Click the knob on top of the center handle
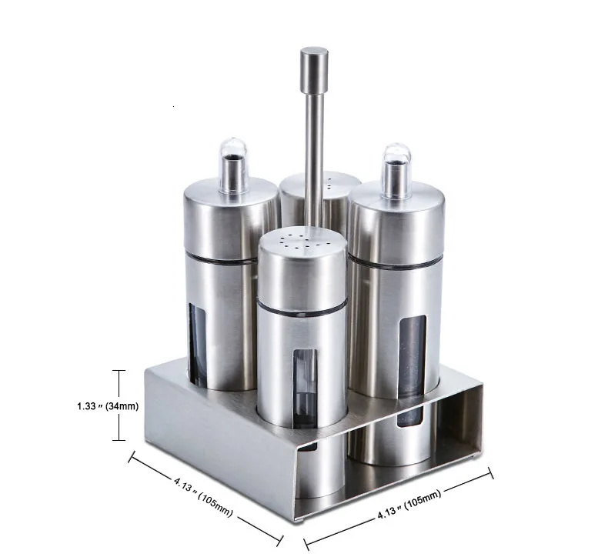(x=314, y=69)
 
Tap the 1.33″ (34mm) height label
(x=108, y=406)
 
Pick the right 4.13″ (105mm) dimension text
(x=409, y=505)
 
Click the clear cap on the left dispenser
(x=232, y=165)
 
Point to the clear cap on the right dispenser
(x=396, y=171)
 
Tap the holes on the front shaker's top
(x=302, y=241)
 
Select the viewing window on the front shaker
(x=306, y=389)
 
